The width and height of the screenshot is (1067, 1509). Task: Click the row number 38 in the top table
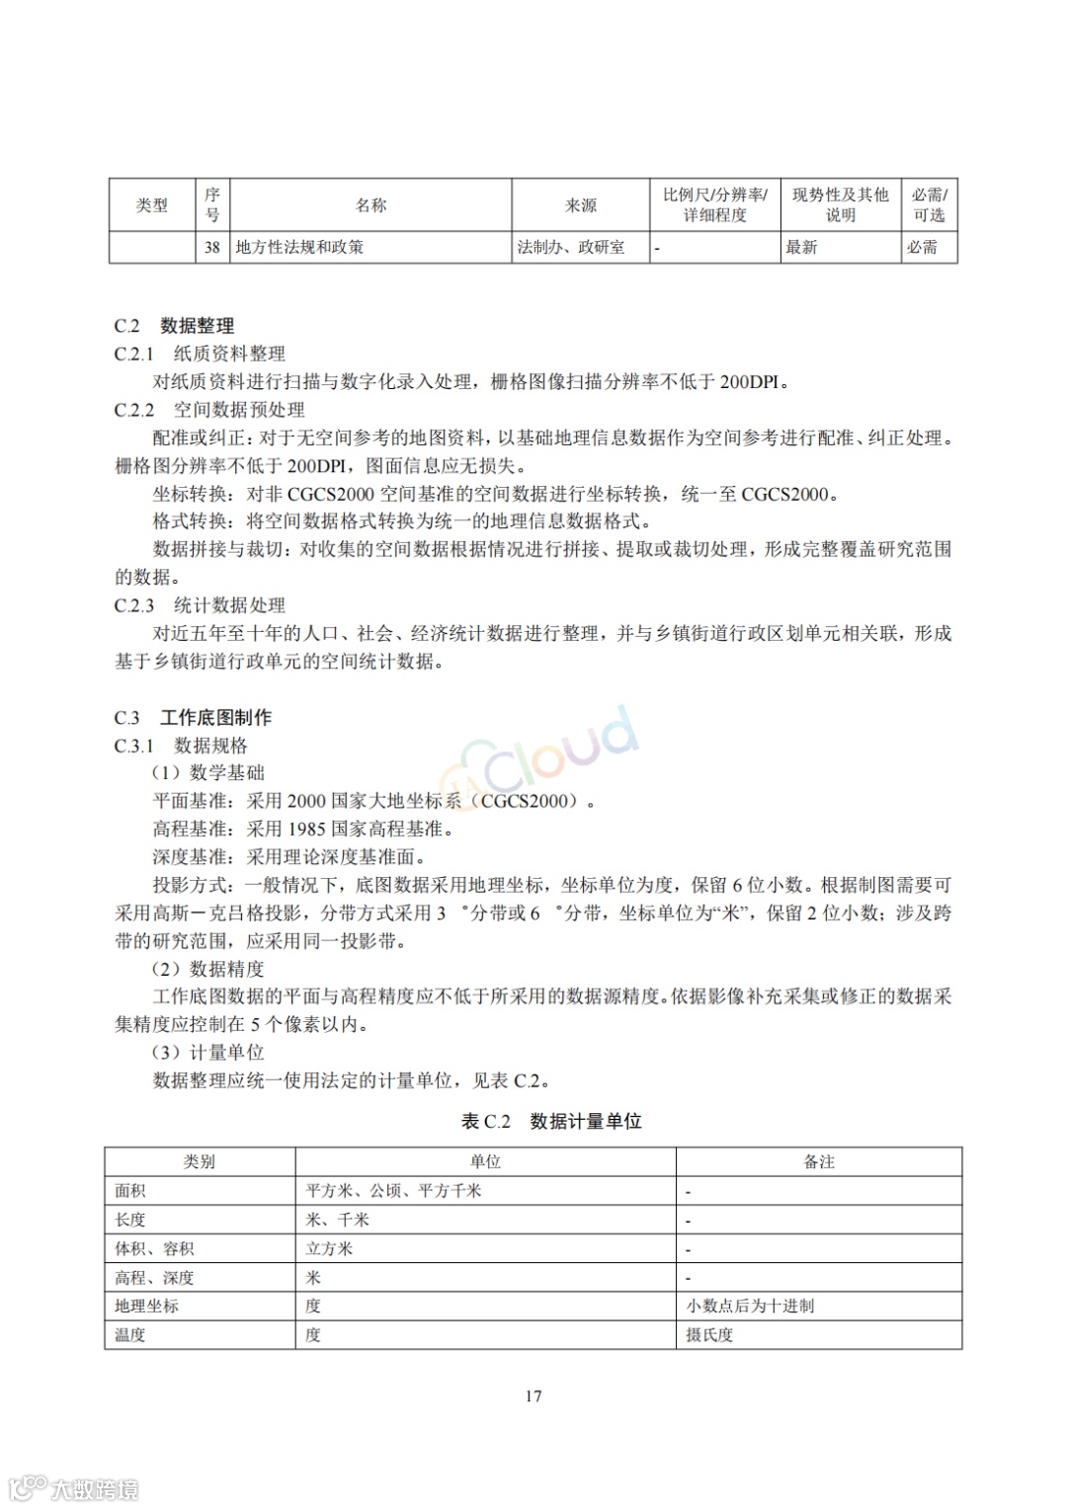(x=211, y=247)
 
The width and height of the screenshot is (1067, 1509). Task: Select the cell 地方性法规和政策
(x=299, y=247)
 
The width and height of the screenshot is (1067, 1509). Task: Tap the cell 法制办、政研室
(x=571, y=247)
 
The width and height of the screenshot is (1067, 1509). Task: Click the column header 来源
(x=580, y=205)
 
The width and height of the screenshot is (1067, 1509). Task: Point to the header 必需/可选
(x=929, y=205)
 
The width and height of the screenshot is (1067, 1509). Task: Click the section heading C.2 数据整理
(x=174, y=326)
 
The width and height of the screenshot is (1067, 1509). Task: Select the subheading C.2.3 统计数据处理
(x=200, y=605)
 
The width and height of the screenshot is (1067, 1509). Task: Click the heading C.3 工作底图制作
(x=193, y=718)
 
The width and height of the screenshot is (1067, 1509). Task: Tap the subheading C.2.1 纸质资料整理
(x=200, y=354)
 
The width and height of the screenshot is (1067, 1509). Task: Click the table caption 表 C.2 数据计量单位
(x=551, y=1121)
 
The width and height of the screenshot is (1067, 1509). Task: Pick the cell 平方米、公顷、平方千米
(x=393, y=1191)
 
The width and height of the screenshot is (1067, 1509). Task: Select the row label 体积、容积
(x=154, y=1248)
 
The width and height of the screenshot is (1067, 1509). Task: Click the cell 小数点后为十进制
(x=750, y=1306)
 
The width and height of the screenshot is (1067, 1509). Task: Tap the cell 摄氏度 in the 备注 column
(x=709, y=1335)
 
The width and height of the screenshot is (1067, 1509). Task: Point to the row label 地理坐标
(x=146, y=1306)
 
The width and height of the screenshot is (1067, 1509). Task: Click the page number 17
(x=533, y=1395)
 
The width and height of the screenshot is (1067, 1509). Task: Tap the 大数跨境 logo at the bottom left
(x=74, y=1487)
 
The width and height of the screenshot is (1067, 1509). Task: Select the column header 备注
(x=818, y=1162)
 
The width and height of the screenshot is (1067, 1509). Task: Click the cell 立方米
(x=329, y=1248)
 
